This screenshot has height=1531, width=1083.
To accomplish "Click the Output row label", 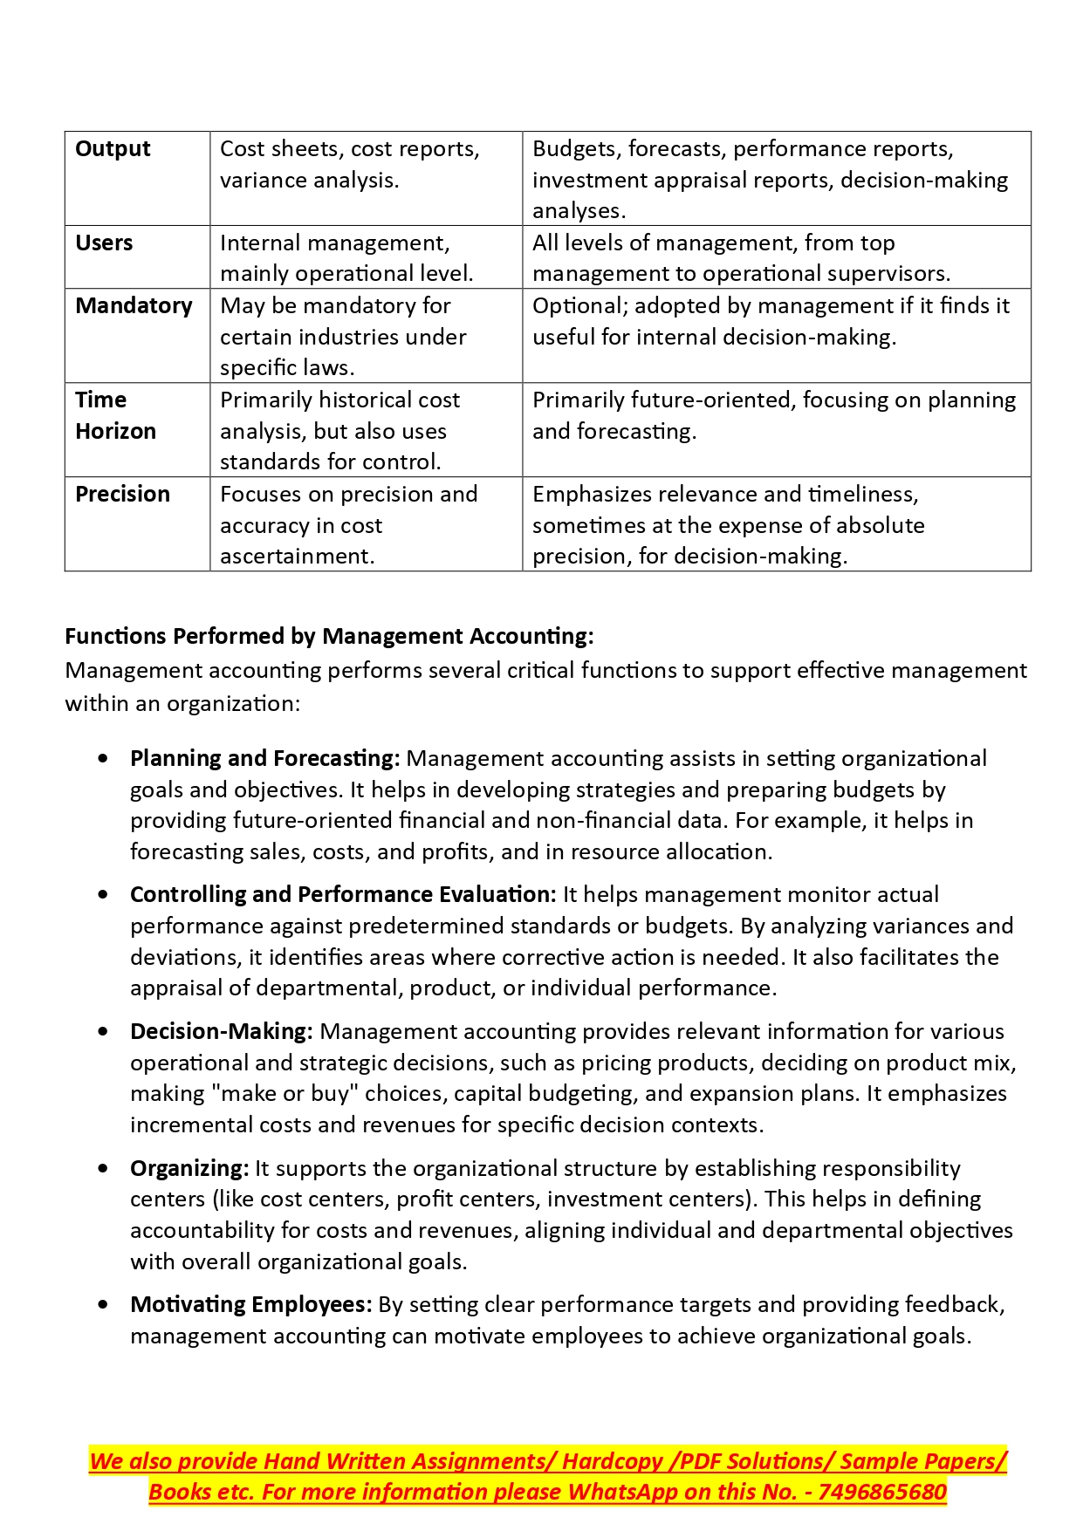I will coord(113,149).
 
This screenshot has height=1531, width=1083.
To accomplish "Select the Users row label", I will coord(104,243).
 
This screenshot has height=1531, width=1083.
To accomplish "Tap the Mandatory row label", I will coord(134,306).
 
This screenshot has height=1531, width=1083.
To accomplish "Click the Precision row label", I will coord(122,495).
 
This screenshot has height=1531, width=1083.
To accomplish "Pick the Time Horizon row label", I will coord(115,416).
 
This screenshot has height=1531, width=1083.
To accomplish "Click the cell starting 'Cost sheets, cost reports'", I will coord(349,165).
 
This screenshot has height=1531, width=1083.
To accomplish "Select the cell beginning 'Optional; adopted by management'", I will coord(771,321).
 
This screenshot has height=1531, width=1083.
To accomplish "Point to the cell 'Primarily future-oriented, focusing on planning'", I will coord(774,415).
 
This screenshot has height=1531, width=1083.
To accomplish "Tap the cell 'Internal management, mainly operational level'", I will coord(346,258).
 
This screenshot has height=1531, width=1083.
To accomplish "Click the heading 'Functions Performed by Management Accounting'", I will coord(329,636).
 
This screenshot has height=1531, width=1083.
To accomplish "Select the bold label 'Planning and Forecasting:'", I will coord(264,758).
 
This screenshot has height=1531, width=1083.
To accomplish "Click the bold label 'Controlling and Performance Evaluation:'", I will coord(343,894).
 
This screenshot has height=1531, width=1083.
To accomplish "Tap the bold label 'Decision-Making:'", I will coord(221,1031).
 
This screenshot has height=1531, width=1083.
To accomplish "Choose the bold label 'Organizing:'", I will coord(189,1168).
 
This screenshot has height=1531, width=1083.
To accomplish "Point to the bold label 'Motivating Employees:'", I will coord(251,1304).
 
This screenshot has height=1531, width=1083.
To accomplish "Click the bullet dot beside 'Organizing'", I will coord(105,1168).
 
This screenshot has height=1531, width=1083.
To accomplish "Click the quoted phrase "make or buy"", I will coord(285,1094).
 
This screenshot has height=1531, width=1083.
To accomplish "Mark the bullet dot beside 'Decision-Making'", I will coord(105,1031).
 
